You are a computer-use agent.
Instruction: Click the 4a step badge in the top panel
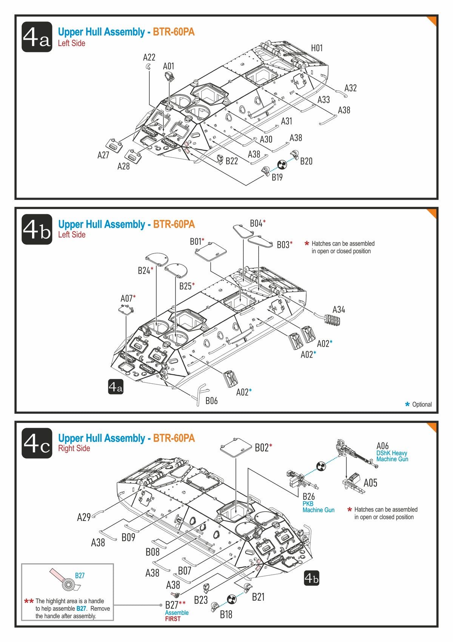point(37,37)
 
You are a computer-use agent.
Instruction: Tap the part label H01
point(317,48)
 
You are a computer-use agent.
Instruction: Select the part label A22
point(149,57)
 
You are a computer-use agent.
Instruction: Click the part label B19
point(277,177)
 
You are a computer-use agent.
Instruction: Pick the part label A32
point(350,88)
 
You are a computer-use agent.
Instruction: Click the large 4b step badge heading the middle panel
point(37,229)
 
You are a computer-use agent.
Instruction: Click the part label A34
point(339,310)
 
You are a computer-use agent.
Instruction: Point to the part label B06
point(211,401)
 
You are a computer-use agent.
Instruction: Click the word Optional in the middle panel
point(422,404)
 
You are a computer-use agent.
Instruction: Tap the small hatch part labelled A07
point(126,310)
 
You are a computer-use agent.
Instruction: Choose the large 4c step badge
point(37,443)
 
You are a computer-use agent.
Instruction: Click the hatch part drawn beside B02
point(236,448)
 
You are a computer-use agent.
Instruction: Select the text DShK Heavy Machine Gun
point(392,456)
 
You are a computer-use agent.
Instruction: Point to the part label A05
point(370,483)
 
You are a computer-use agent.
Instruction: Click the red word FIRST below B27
point(173,619)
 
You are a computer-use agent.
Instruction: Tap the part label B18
point(226,614)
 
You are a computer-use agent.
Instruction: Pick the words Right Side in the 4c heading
point(74,448)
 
